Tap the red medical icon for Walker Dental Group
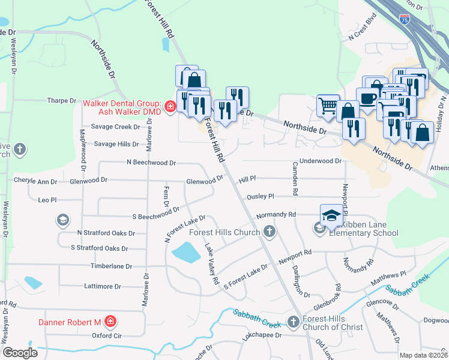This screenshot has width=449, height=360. click(170, 107)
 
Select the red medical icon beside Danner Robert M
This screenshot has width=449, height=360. click(110, 322)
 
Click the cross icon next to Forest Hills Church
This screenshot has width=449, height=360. click(270, 232)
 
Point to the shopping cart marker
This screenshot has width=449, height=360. click(328, 106)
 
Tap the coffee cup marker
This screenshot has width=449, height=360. click(367, 98)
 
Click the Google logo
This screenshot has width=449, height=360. click(20, 352)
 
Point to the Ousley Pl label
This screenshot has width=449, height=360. click(259, 196)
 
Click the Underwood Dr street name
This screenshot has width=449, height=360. click(320, 161)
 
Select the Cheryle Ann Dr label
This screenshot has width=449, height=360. click(35, 181)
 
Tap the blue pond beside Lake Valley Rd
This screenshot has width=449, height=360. click(185, 252)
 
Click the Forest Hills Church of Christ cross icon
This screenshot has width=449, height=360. click(294, 322)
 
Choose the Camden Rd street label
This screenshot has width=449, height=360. click(295, 179)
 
